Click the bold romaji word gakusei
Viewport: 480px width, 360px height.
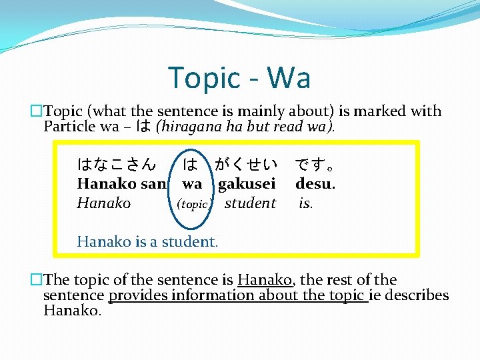[x=247, y=183]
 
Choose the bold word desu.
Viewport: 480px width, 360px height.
[x=315, y=183]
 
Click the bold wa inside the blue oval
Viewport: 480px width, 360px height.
[x=192, y=183]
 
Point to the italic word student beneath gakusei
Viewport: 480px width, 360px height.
[x=250, y=203]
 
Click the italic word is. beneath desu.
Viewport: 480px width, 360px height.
[x=305, y=203]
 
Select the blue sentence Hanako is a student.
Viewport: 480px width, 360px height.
[x=147, y=241]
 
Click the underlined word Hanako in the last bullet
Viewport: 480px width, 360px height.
[x=265, y=280]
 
